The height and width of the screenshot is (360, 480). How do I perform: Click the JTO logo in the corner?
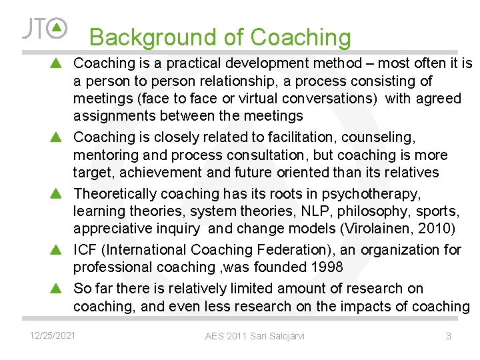[x=45, y=28]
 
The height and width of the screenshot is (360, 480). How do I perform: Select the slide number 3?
[x=449, y=336]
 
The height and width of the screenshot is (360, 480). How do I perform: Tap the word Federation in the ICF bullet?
[x=289, y=250]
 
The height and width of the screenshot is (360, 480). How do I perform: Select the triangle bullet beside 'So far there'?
[x=57, y=288]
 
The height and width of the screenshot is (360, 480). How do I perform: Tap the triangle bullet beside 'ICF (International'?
[x=57, y=250]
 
